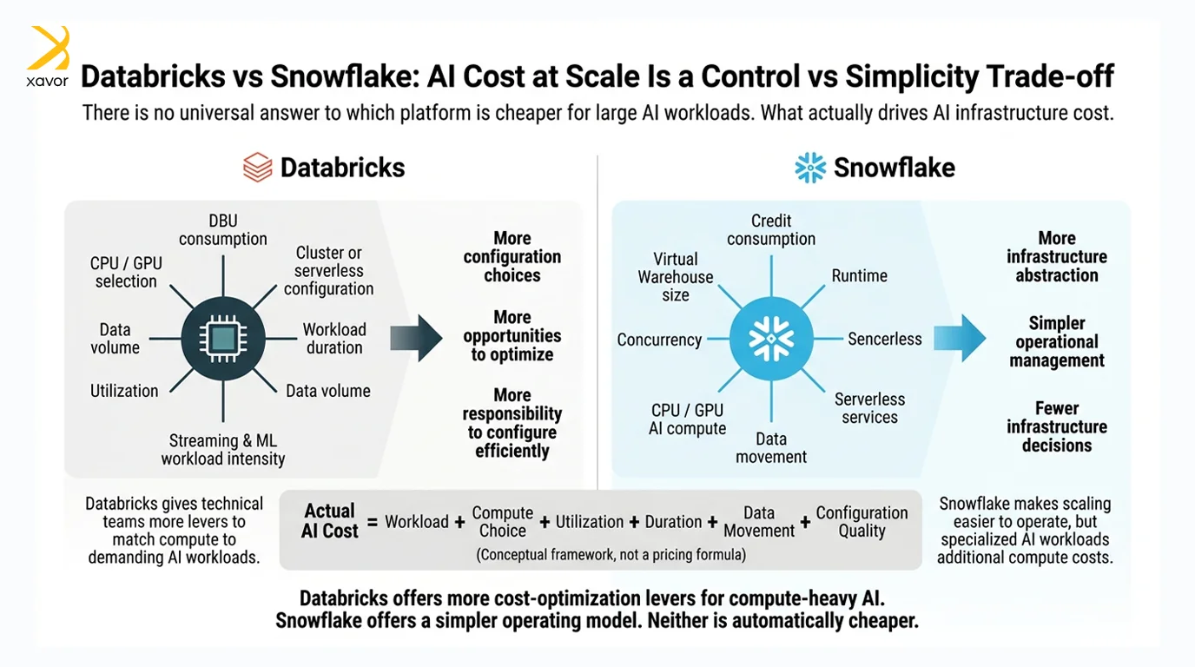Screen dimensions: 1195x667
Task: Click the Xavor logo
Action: (48, 56)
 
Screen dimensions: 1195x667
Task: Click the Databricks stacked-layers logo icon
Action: (258, 167)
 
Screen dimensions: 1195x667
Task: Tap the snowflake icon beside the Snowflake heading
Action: (810, 168)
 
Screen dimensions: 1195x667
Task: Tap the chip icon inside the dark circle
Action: (223, 339)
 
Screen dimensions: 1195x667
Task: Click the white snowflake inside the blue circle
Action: (771, 339)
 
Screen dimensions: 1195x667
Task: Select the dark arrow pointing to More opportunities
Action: (416, 339)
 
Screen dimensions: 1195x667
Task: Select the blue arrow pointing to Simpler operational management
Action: (960, 339)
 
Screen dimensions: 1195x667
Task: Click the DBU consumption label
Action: (223, 230)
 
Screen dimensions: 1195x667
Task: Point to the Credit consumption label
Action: (771, 230)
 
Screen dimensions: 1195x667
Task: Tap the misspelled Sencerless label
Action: (884, 339)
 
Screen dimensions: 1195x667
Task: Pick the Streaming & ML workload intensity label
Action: (223, 450)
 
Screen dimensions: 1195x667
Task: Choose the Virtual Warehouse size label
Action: (676, 277)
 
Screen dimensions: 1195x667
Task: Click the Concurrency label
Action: (659, 340)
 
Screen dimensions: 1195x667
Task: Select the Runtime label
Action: (860, 276)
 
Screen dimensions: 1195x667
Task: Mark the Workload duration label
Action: (334, 339)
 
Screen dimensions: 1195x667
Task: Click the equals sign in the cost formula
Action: (373, 522)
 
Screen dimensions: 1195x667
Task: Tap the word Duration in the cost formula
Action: (673, 522)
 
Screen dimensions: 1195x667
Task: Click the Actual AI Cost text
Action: (330, 521)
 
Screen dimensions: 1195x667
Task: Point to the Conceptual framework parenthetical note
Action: (611, 555)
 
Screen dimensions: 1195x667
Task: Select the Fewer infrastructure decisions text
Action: (1057, 427)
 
